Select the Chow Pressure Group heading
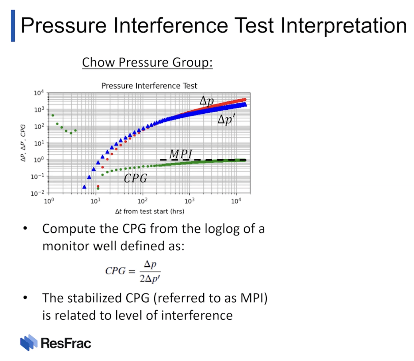[147, 62]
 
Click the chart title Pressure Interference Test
[149, 86]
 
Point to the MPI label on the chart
[181, 154]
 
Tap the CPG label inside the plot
[135, 178]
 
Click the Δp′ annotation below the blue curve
[226, 119]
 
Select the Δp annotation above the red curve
[207, 101]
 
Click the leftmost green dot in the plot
[53, 116]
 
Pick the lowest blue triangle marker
[84, 187]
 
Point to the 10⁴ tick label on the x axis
[236, 201]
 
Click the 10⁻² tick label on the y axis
[37, 193]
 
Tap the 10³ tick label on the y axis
[39, 109]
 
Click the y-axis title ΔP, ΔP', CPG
[23, 143]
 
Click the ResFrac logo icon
[29, 342]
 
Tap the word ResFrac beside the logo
[66, 343]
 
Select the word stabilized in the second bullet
[94, 298]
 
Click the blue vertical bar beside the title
[13, 26]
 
